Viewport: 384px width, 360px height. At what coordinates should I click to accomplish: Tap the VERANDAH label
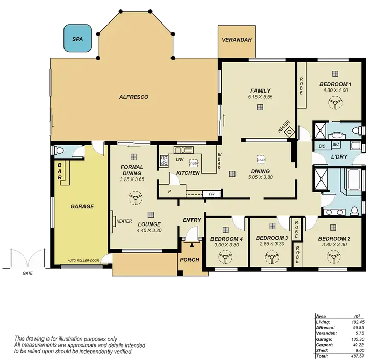click(237, 40)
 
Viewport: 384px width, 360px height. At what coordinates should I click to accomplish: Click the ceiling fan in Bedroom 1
click(335, 104)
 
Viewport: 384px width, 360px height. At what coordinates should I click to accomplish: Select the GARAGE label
click(82, 207)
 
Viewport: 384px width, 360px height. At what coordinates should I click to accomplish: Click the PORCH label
click(189, 260)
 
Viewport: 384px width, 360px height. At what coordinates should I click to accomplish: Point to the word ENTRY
click(192, 220)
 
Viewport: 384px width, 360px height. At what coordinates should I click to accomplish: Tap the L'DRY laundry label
click(339, 156)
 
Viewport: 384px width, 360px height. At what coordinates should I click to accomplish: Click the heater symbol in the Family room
click(290, 131)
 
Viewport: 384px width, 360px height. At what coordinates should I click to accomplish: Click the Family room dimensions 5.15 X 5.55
click(260, 97)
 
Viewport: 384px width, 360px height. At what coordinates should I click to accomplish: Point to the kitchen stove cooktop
click(164, 160)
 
